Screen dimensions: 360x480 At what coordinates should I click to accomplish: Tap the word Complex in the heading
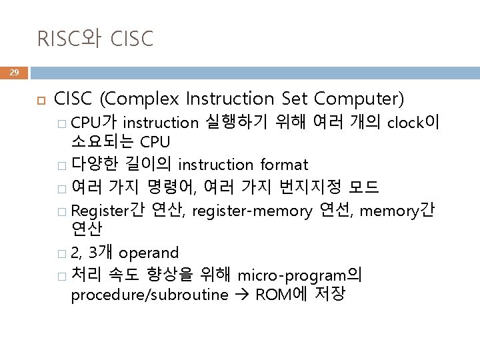point(139,100)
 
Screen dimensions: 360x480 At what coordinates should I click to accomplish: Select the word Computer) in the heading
point(359,100)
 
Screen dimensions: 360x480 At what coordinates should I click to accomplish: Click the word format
point(285,164)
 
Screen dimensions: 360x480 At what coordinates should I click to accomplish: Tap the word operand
point(149,253)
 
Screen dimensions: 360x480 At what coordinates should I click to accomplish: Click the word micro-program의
point(300,273)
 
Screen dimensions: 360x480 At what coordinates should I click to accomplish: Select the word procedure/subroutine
point(149,295)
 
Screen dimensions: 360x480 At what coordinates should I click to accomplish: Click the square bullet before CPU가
point(61,123)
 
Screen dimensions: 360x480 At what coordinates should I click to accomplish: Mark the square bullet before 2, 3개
point(61,253)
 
